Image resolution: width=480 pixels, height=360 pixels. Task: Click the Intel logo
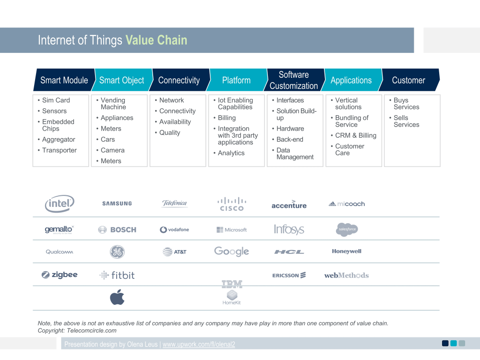[60, 204]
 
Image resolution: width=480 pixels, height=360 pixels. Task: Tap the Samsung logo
[117, 204]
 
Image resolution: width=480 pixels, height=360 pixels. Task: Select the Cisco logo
[231, 204]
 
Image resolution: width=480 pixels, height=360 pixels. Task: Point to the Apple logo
[117, 298]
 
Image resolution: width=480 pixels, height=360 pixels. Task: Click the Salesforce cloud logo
[347, 229]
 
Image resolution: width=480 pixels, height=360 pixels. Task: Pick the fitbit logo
[117, 275]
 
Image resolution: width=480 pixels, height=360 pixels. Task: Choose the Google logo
[231, 252]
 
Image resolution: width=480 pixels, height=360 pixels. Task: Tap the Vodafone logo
[174, 230]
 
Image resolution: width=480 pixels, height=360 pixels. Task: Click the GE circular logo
[117, 252]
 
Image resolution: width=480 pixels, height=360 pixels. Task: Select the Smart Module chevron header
[64, 80]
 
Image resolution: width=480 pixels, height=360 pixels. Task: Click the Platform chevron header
[236, 80]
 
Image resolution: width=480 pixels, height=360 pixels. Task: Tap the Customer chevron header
[408, 80]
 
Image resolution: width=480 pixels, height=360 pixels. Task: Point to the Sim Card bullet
[56, 100]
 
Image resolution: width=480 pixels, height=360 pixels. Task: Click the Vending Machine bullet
[113, 104]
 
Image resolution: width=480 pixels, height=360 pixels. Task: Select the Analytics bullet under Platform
[231, 153]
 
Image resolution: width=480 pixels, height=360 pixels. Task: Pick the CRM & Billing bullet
[356, 135]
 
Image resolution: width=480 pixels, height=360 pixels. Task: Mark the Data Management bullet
[295, 154]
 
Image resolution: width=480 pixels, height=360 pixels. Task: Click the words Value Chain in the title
[156, 40]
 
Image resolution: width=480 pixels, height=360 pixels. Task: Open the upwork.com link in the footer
[199, 344]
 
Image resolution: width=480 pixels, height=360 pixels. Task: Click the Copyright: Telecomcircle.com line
[77, 331]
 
